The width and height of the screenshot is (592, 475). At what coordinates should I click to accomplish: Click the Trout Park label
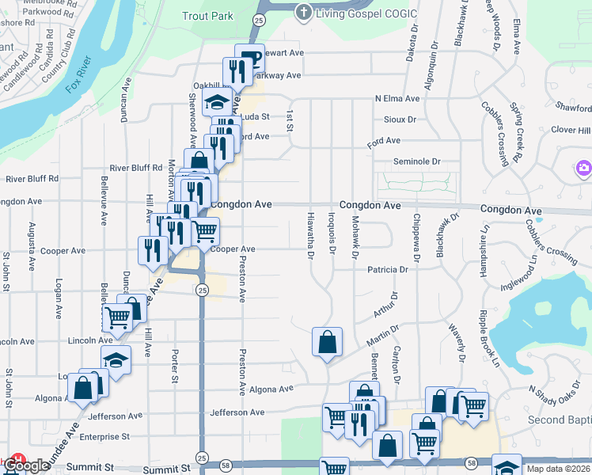pyautogui.click(x=208, y=16)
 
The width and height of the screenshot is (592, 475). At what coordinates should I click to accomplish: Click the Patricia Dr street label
pyautogui.click(x=387, y=270)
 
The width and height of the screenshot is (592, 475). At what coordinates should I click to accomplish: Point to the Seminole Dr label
pyautogui.click(x=417, y=161)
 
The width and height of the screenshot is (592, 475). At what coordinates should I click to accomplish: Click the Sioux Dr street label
pyautogui.click(x=400, y=120)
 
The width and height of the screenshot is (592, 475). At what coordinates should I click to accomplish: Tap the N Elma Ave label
pyautogui.click(x=397, y=98)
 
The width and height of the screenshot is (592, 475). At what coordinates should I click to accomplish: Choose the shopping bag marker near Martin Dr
pyautogui.click(x=327, y=342)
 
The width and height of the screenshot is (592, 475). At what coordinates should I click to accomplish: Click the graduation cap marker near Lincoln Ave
pyautogui.click(x=116, y=359)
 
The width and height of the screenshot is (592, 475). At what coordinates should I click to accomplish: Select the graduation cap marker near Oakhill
pyautogui.click(x=216, y=102)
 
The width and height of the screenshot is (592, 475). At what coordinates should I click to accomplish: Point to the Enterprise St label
pyautogui.click(x=104, y=436)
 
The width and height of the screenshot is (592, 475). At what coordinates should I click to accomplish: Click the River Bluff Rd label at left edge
pyautogui.click(x=31, y=179)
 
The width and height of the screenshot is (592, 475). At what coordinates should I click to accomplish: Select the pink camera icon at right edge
pyautogui.click(x=584, y=168)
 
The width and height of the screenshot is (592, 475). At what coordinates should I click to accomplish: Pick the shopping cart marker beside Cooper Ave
pyautogui.click(x=205, y=231)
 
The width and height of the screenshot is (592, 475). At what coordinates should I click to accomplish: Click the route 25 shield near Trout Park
pyautogui.click(x=259, y=17)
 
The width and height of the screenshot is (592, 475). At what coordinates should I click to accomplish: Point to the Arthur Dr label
pyautogui.click(x=385, y=303)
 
